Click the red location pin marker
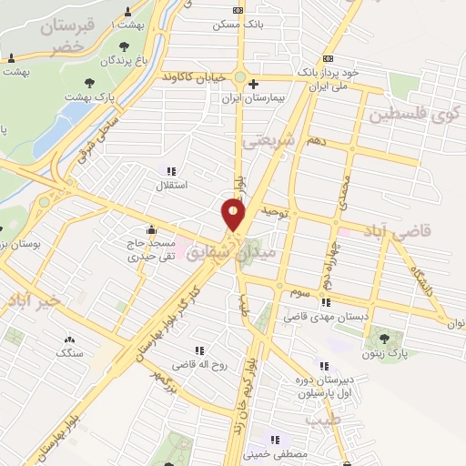(234, 215)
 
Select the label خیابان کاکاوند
(195, 77)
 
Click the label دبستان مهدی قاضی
(325, 317)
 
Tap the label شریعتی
(270, 141)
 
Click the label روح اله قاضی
(205, 365)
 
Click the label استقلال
(172, 185)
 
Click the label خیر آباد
(30, 299)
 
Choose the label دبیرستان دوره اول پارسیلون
(312, 386)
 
